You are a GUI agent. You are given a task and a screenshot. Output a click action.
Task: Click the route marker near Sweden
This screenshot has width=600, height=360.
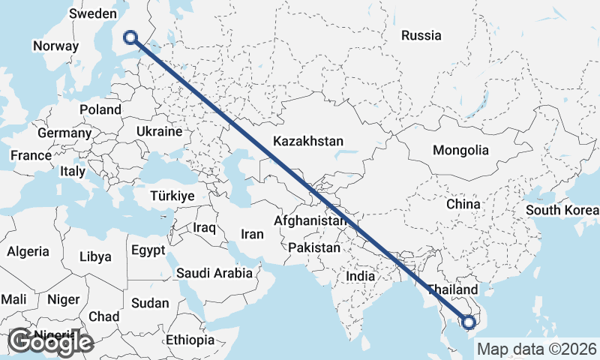pyautogui.click(x=131, y=37)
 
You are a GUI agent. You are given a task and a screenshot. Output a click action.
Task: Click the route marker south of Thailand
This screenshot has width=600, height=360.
pyautogui.click(x=469, y=322)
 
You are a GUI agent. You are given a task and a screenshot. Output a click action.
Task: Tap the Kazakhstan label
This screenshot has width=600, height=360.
pyautogui.click(x=308, y=141)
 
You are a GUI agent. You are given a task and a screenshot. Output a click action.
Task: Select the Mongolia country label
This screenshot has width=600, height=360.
pyautogui.click(x=460, y=150)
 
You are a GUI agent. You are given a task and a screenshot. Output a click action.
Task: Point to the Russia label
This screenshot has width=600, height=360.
pyautogui.click(x=421, y=35)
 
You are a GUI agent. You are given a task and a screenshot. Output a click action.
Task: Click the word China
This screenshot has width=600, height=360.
pyautogui.click(x=462, y=204)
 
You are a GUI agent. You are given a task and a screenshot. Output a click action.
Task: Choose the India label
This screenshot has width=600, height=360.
pyautogui.click(x=360, y=276)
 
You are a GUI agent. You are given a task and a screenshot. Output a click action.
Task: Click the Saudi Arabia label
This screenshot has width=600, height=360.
pyautogui.click(x=214, y=274)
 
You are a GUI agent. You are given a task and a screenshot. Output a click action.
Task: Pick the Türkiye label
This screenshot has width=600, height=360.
pyautogui.click(x=172, y=195)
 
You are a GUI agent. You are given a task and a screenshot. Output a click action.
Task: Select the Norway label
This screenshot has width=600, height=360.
pyautogui.click(x=55, y=46)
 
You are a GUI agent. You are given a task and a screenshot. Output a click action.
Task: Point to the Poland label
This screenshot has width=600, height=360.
pyautogui.click(x=100, y=109)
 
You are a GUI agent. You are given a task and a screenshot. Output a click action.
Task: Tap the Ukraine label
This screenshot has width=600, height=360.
pyautogui.click(x=159, y=131)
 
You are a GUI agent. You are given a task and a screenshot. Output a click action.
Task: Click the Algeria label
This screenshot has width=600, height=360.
pyautogui.click(x=28, y=252)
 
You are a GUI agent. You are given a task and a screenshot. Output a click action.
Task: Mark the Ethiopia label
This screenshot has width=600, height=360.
pyautogui.click(x=190, y=340)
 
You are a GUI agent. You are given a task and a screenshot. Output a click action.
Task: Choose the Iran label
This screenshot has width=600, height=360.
pyautogui.click(x=252, y=234)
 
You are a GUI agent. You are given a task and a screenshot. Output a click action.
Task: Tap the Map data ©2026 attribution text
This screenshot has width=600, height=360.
pyautogui.click(x=536, y=349)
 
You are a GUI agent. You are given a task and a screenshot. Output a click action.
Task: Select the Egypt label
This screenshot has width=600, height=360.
pyautogui.click(x=147, y=250)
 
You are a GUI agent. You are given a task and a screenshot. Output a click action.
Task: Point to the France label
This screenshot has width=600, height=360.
pyautogui.click(x=30, y=156)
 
